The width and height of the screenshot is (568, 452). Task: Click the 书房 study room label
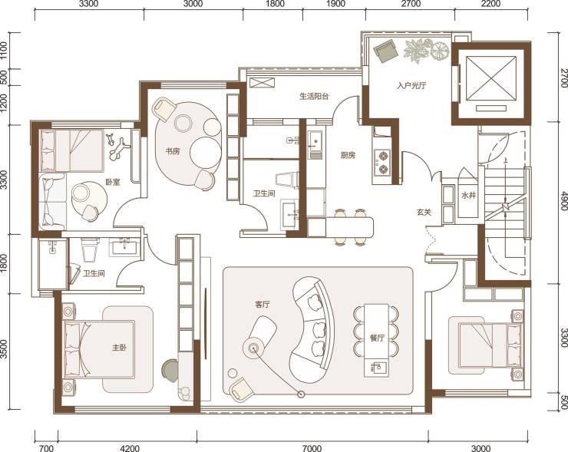click(x=173, y=151)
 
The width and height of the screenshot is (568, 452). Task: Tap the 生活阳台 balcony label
click(x=314, y=97)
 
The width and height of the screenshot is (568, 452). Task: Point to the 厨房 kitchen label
click(x=348, y=155)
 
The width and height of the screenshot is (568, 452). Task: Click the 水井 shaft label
click(x=468, y=196)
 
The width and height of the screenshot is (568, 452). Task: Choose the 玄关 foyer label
click(x=424, y=213)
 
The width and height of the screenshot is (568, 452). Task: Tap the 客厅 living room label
click(x=263, y=305)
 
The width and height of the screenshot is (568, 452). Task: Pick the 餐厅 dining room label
click(x=377, y=338)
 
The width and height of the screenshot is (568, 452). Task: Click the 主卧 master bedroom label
click(x=119, y=348)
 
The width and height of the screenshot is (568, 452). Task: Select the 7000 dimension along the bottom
click(x=312, y=448)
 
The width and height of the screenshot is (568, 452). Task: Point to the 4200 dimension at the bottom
click(x=129, y=448)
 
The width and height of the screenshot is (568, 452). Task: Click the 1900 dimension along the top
click(x=335, y=4)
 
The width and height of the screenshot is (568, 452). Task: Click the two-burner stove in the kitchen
click(x=382, y=162)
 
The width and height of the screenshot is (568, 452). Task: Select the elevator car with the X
click(x=491, y=78)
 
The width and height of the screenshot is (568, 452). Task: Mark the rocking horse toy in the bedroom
click(x=117, y=147)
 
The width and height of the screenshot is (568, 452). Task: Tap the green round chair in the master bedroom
click(x=170, y=369)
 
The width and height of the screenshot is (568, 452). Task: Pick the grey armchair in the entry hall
click(x=386, y=51)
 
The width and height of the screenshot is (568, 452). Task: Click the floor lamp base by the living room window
click(x=301, y=394)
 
